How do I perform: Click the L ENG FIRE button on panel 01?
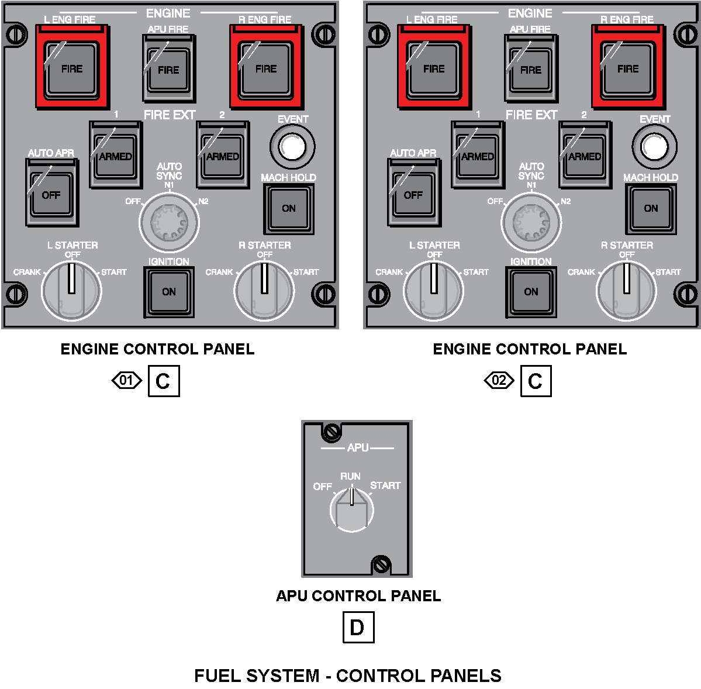click(71, 68)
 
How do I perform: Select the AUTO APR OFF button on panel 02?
click(413, 195)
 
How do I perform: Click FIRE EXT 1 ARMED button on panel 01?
click(115, 156)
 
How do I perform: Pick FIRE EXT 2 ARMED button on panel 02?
click(584, 156)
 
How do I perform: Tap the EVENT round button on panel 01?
click(292, 146)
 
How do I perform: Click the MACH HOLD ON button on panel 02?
click(651, 208)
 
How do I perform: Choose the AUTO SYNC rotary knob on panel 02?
click(531, 222)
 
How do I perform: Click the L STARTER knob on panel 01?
click(71, 290)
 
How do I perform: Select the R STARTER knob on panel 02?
click(626, 290)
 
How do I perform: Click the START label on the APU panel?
click(385, 485)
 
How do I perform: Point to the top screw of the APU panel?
click(331, 432)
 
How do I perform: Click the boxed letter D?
click(357, 628)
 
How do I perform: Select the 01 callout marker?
click(126, 381)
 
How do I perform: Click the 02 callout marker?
click(499, 381)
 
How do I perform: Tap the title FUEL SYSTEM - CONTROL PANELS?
click(348, 676)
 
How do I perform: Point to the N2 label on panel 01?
click(203, 202)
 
